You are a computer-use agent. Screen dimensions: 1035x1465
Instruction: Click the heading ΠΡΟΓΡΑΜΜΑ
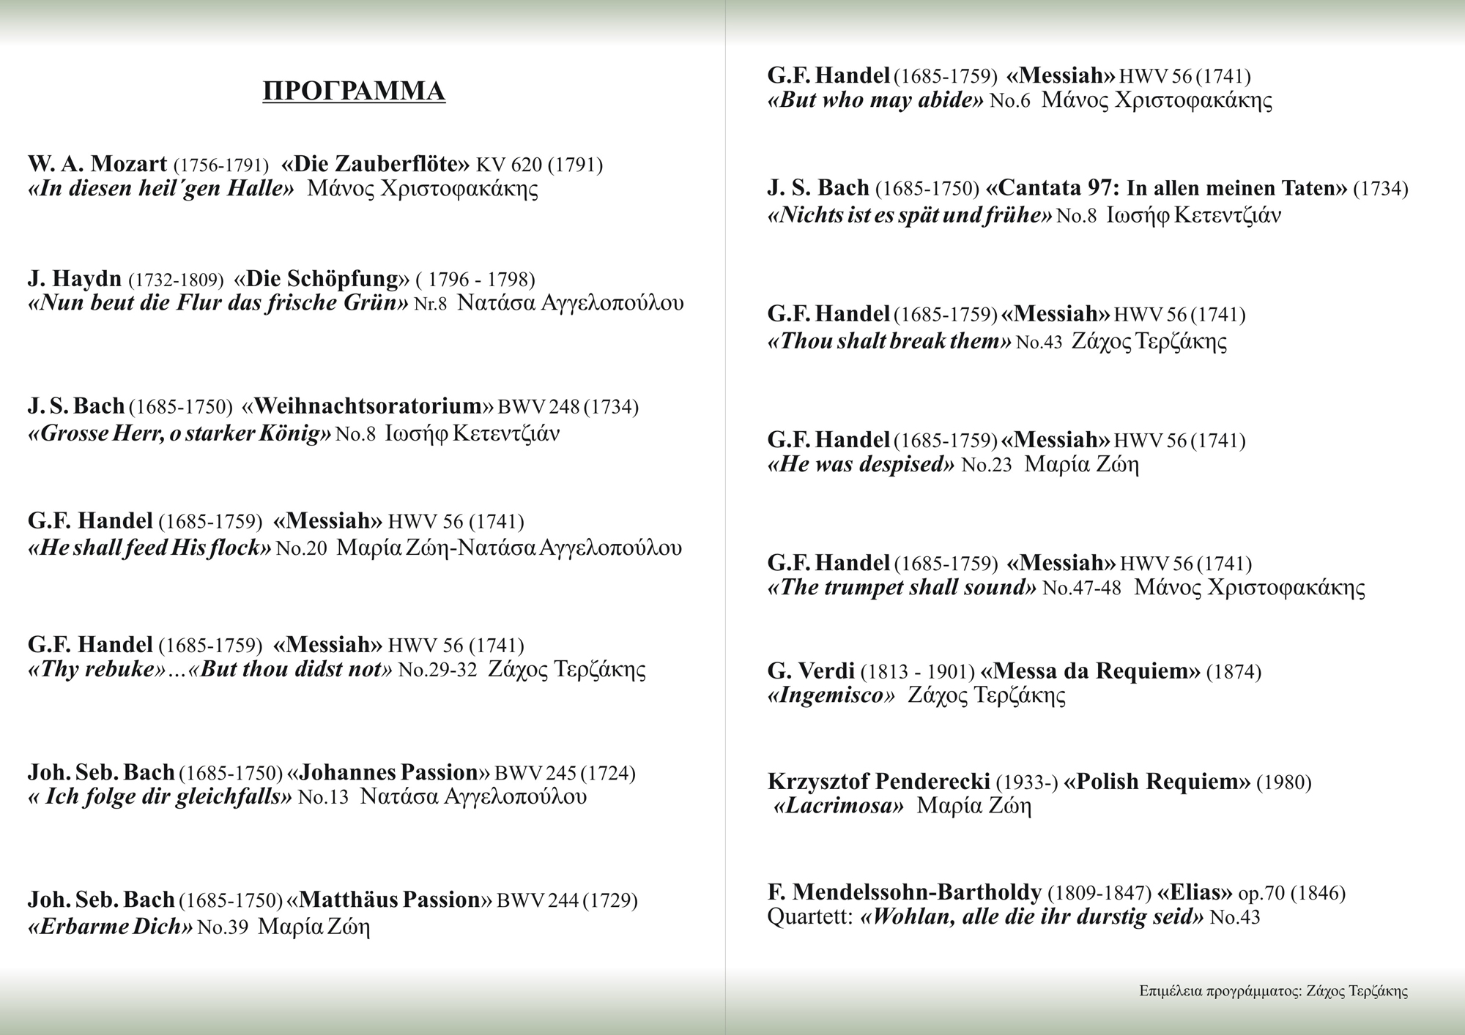coord(354,91)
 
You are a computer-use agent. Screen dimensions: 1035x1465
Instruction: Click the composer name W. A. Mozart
coord(97,164)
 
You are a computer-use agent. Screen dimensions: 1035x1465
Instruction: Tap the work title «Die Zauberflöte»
coord(374,164)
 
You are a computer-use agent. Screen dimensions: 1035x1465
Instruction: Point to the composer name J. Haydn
coord(75,279)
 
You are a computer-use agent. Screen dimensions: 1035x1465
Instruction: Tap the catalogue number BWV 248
coord(538,407)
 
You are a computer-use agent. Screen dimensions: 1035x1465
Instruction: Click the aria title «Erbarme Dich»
coord(110,927)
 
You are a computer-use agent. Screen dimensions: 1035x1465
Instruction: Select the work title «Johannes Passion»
coord(388,773)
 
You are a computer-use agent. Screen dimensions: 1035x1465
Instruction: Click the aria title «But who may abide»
coord(875,100)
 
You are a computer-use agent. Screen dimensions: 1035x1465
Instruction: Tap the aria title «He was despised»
coord(861,464)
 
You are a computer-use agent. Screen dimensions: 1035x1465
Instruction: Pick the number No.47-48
coord(1081,588)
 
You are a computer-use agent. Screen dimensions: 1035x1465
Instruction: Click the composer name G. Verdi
coord(811,670)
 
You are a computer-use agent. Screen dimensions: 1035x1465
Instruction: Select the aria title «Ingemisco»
coord(831,695)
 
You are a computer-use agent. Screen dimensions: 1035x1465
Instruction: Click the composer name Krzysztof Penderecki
coord(878,782)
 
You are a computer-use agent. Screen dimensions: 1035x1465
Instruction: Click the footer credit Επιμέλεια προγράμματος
coord(1219,992)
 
